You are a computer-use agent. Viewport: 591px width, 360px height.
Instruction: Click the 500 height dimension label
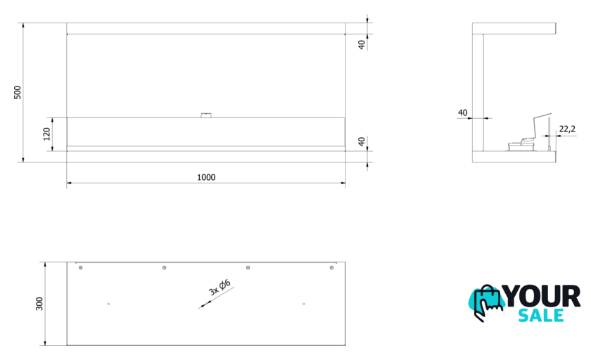[x=18, y=93]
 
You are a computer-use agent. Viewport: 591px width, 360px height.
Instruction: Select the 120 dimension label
[x=46, y=134]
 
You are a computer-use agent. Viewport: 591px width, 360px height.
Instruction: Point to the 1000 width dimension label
[x=206, y=177]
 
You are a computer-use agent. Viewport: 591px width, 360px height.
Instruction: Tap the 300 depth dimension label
[x=39, y=304]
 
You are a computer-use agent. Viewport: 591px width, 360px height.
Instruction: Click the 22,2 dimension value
[x=567, y=129]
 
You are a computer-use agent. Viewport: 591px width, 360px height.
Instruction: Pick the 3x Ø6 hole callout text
[x=220, y=288]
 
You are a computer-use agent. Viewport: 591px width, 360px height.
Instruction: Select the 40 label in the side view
[x=462, y=112]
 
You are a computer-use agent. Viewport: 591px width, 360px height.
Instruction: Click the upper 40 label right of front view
[x=362, y=45]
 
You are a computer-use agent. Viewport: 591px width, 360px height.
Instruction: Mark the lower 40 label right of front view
[x=362, y=141]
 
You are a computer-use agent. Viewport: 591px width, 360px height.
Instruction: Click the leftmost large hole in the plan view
[x=81, y=268]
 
